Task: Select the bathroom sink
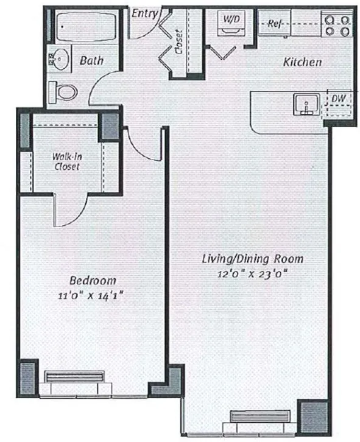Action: coord(60,60)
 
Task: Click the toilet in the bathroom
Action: coord(65,92)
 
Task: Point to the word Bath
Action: coord(91,61)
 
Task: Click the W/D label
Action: coord(231,19)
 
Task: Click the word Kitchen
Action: coord(302,62)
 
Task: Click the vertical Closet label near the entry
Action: coord(179,43)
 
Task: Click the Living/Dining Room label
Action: coord(253,259)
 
